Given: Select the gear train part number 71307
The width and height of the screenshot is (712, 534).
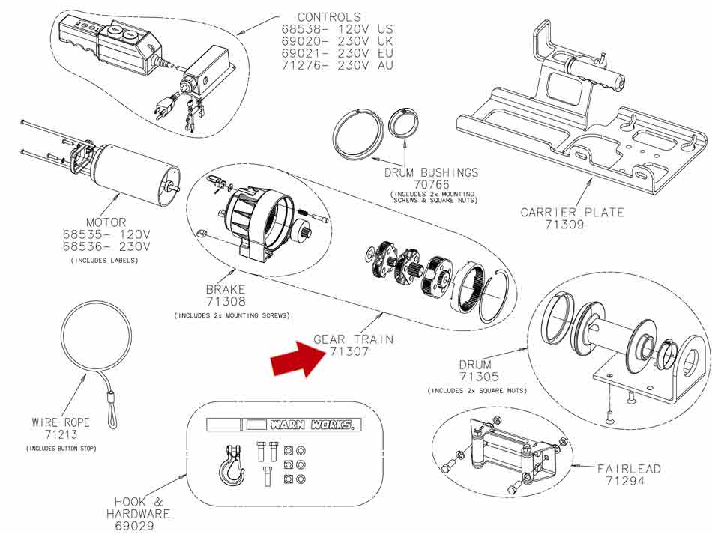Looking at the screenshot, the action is (x=349, y=351).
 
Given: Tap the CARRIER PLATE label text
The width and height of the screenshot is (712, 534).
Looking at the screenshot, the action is (x=572, y=213).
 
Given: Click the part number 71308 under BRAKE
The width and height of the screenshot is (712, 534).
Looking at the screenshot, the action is (x=226, y=301).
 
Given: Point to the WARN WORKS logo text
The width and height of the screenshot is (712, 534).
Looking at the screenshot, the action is (x=312, y=425).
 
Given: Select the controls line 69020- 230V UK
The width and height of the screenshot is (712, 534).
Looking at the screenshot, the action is (x=337, y=41).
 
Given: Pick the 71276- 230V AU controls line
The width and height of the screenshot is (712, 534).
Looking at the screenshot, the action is (x=337, y=65).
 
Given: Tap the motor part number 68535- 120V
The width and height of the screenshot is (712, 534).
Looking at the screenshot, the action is (x=106, y=235).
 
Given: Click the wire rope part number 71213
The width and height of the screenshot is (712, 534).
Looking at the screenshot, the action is (x=61, y=434).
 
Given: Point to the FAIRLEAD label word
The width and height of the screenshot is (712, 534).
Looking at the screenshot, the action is (x=629, y=469).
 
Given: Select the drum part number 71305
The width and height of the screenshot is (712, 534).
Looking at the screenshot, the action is (x=479, y=377).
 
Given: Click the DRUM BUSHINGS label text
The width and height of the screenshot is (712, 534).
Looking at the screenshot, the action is (x=432, y=172).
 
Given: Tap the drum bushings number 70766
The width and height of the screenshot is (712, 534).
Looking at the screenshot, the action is (x=432, y=185).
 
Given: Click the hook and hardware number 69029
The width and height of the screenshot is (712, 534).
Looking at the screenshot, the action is (x=134, y=526).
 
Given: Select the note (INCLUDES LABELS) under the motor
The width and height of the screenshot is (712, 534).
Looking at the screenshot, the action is (x=104, y=261).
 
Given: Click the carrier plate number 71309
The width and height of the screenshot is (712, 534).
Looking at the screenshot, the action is (x=564, y=224).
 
